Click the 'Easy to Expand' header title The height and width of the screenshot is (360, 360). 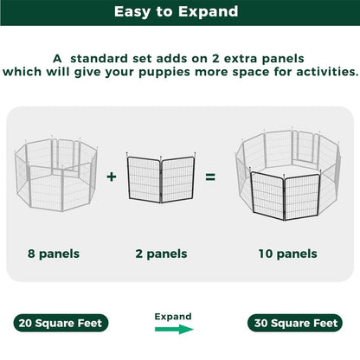coord(179,13)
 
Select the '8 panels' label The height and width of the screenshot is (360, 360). coord(54,254)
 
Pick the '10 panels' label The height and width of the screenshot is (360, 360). coord(286,254)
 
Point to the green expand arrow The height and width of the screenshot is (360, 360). coord(173,330)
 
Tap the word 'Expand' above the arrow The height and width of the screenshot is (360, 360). coord(173,316)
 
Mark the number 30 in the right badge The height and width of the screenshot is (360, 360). coord(261,323)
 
